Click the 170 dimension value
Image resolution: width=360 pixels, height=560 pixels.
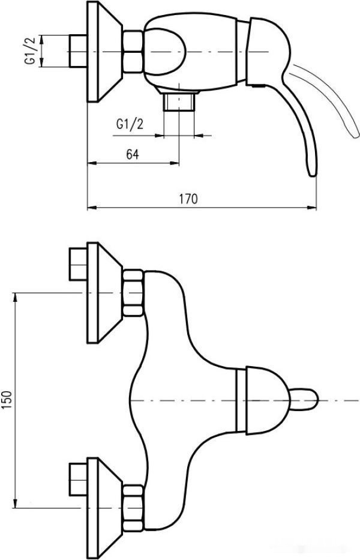[x=188, y=199]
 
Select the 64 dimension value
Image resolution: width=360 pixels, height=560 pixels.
[x=133, y=154]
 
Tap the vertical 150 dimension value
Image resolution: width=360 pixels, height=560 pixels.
[x=8, y=400]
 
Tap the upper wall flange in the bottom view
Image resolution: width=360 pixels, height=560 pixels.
[x=101, y=293]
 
